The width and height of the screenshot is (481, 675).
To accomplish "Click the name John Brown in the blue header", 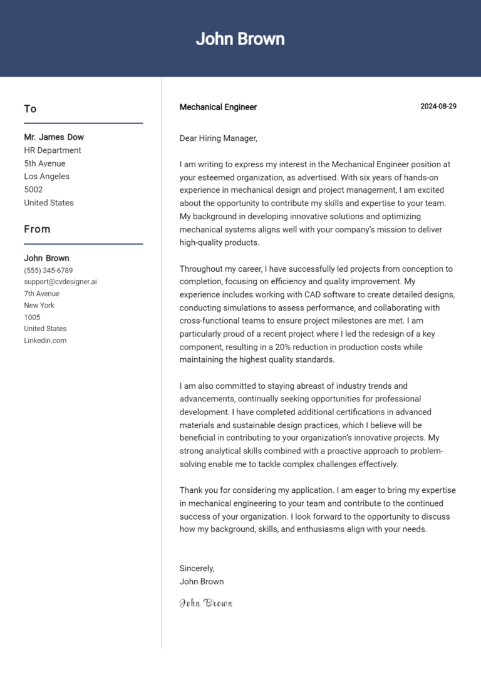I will (x=240, y=39).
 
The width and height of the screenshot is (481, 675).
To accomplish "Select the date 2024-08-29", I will (x=438, y=106).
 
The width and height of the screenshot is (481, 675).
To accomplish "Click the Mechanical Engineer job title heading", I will (x=218, y=107).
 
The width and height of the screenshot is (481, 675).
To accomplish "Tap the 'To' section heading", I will (x=30, y=109).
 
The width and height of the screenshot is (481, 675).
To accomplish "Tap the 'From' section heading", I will (x=37, y=229).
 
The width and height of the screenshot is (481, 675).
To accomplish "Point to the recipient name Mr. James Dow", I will (x=54, y=137).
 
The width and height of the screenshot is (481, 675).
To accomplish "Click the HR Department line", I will (x=53, y=150).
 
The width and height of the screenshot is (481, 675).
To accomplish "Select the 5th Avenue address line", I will (x=44, y=163).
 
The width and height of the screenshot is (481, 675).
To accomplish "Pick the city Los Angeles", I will (x=47, y=177).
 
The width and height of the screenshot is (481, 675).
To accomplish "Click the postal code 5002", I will (x=33, y=190).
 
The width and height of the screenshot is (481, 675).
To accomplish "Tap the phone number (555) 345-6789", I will (x=48, y=271).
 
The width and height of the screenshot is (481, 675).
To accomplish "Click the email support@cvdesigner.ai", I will (x=60, y=282).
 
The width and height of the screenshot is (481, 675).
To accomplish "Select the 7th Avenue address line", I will (x=42, y=294).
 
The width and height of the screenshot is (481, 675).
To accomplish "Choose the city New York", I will (x=39, y=306).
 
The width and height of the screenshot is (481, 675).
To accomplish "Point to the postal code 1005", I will (x=32, y=317).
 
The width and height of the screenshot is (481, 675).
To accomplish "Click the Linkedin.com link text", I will (x=45, y=341).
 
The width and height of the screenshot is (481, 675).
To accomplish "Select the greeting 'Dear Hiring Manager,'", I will (x=219, y=138).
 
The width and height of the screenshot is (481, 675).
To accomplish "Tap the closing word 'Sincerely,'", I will (x=197, y=569).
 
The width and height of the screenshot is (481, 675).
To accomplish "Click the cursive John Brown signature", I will (x=206, y=603).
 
